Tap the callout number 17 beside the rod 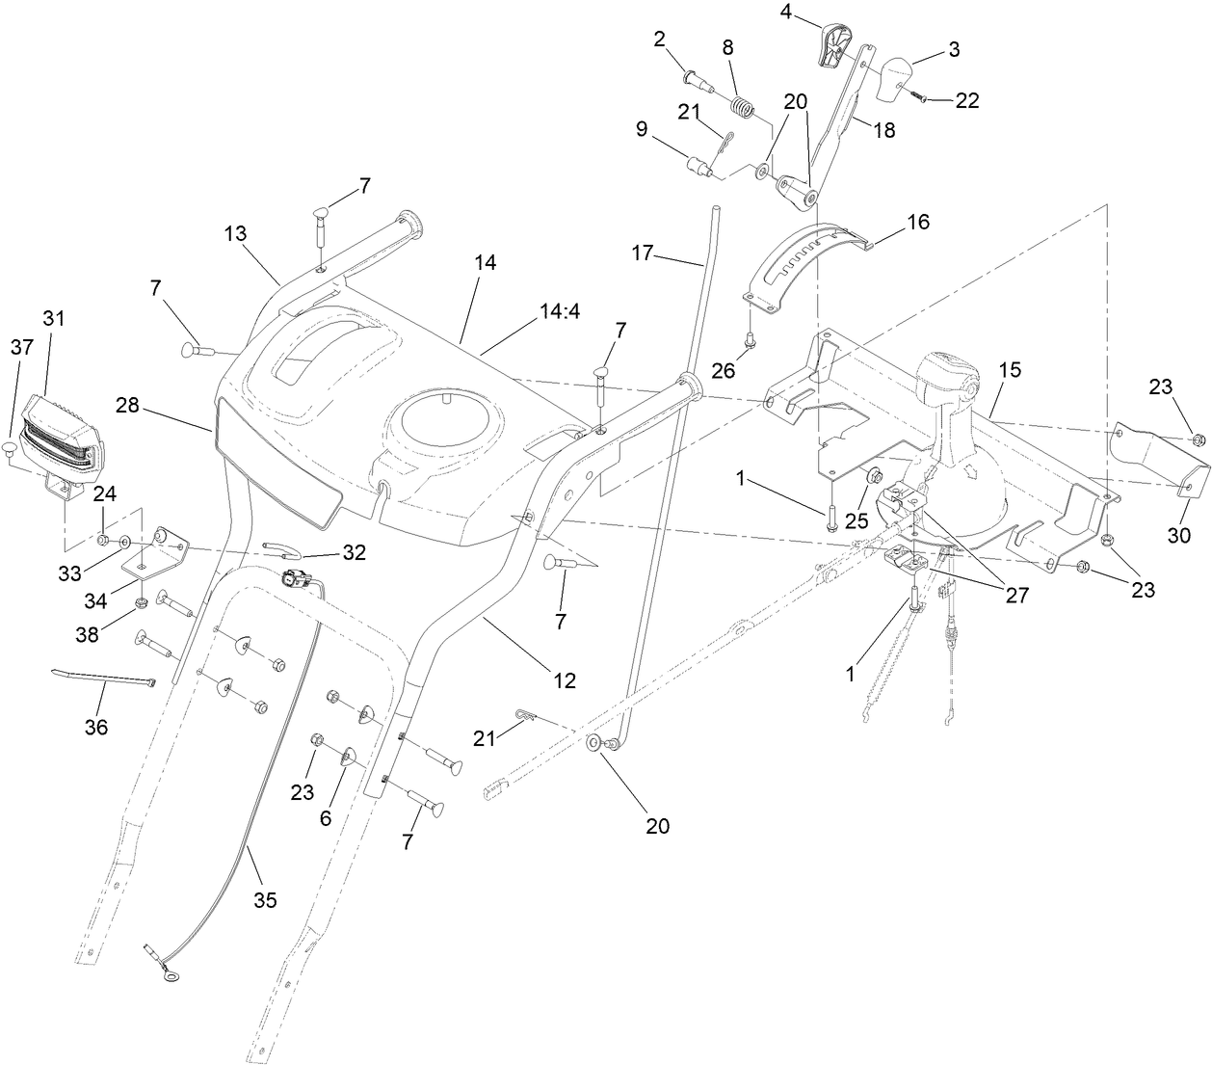coord(643,253)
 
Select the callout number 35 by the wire coord(265,900)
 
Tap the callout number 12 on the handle coord(564,680)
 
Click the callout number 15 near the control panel coord(1010,370)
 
